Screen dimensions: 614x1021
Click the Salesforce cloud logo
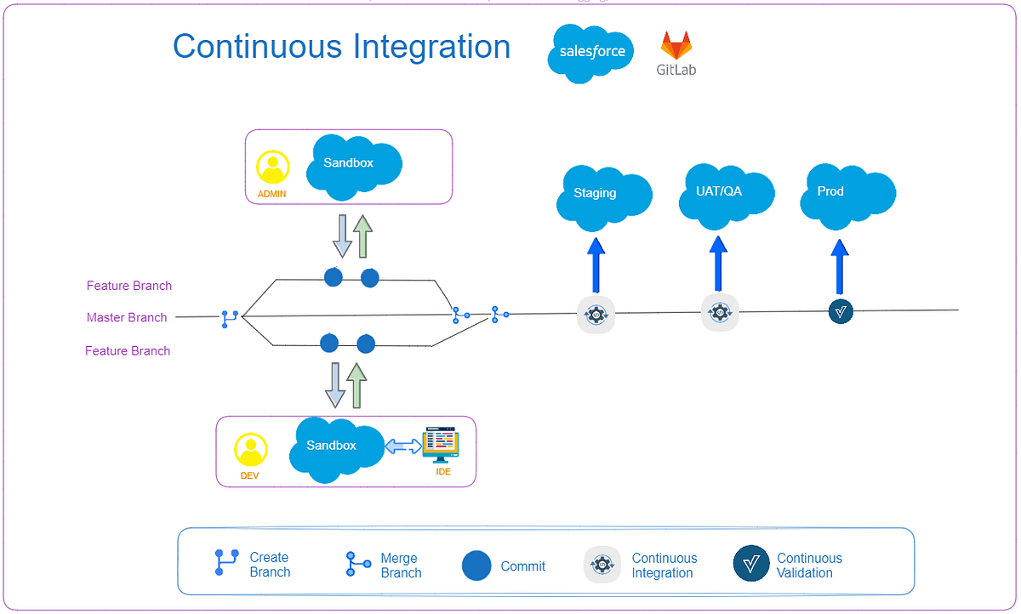pos(591,52)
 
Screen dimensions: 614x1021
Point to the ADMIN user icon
pos(272,168)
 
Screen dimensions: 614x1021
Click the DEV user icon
pos(250,449)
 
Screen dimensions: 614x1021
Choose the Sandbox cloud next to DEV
pos(334,448)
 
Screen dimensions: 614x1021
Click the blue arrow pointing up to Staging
pos(596,265)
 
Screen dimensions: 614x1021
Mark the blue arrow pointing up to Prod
pos(841,265)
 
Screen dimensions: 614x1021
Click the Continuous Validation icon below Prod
pos(841,312)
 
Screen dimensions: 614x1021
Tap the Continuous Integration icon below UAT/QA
pos(720,313)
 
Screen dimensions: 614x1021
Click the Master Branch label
pos(127,317)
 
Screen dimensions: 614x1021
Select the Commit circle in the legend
pos(476,566)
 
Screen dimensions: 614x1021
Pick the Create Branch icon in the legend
pos(225,563)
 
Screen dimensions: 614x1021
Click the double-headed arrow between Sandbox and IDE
pos(402,446)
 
